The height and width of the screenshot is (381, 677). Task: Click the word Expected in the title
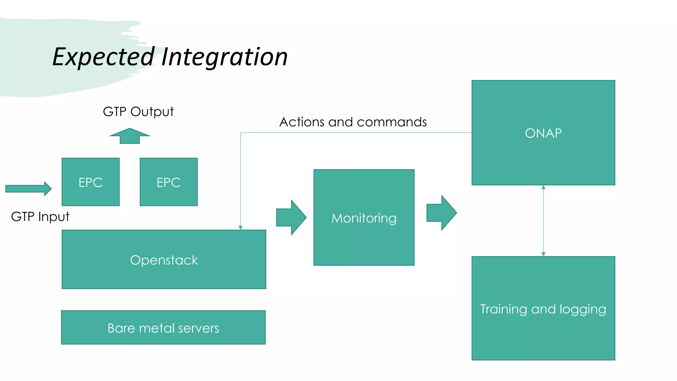103,57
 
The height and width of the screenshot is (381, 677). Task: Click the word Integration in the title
224,57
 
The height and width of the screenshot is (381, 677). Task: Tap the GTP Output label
138,112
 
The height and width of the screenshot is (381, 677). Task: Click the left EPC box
91,182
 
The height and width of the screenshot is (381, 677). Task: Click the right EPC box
169,182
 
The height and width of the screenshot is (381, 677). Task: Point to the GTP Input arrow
28,189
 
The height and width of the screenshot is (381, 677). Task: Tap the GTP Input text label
40,217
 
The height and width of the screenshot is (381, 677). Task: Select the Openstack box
164,260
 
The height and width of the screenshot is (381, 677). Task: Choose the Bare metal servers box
163,327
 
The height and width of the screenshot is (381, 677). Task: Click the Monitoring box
364,218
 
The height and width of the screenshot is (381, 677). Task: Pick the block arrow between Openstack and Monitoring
291,217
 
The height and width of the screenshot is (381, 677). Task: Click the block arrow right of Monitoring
441,213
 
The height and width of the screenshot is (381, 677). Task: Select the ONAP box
543,133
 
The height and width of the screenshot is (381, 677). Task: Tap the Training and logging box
543,308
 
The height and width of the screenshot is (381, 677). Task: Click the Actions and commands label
353,122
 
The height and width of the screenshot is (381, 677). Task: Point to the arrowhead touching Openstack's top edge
240,228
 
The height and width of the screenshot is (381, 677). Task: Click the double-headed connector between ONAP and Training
543,221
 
